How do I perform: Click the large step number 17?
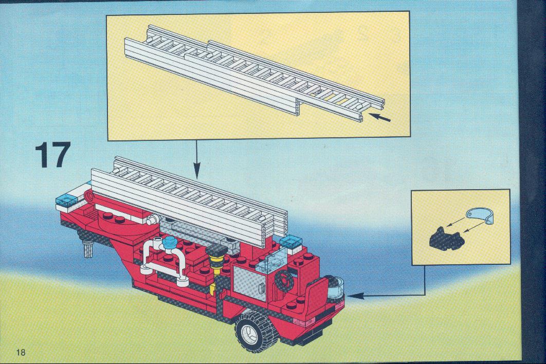tap(53, 155)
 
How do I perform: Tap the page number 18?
tap(21, 352)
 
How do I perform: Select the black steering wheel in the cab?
tap(284, 280)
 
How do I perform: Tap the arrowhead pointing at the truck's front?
tap(356, 296)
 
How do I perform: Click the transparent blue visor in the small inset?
tap(481, 215)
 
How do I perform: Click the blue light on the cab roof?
tap(291, 241)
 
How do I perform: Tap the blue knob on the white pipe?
tap(171, 242)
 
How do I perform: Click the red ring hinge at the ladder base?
tap(89, 197)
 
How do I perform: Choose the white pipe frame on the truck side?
tap(163, 261)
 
